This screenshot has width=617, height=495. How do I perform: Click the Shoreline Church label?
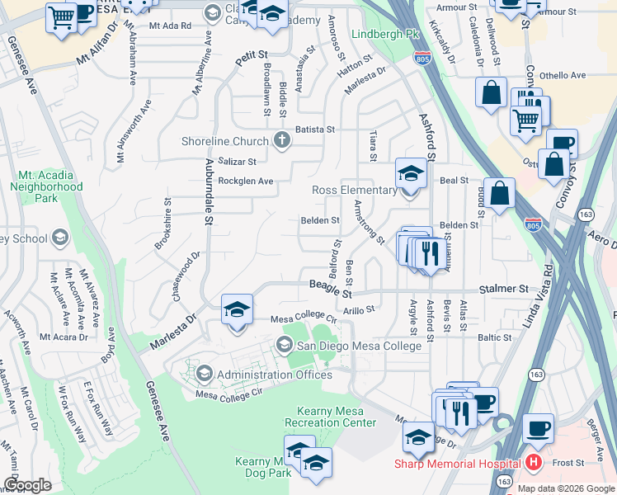coord(225,140)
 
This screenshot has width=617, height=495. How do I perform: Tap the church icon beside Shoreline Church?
coord(282,139)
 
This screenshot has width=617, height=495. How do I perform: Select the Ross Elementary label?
coord(354,190)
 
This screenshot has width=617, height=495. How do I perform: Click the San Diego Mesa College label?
coord(359,346)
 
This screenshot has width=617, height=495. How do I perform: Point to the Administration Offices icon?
coord(203,375)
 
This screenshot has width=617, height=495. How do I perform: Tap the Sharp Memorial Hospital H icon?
coord(534,462)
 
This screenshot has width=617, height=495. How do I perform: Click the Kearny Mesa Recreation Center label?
coord(330,417)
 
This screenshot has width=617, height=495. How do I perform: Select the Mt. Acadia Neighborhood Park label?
coord(46,186)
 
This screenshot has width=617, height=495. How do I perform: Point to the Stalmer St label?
coord(505,290)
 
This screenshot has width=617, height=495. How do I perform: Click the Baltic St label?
coord(495,337)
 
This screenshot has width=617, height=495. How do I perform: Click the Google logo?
coord(27,485)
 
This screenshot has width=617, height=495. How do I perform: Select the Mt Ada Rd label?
coord(170,26)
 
